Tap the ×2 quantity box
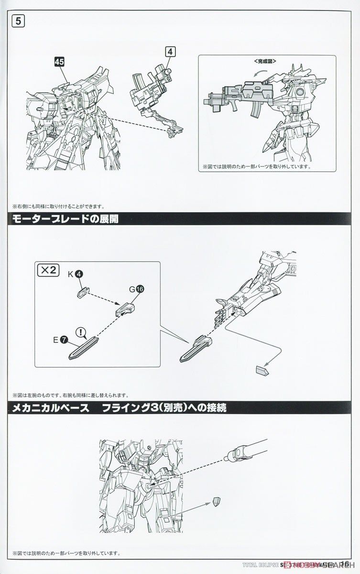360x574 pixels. coord(47,270)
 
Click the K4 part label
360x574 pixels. coord(75,274)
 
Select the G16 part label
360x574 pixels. coord(136,288)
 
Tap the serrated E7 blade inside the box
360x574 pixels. coord(84,349)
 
